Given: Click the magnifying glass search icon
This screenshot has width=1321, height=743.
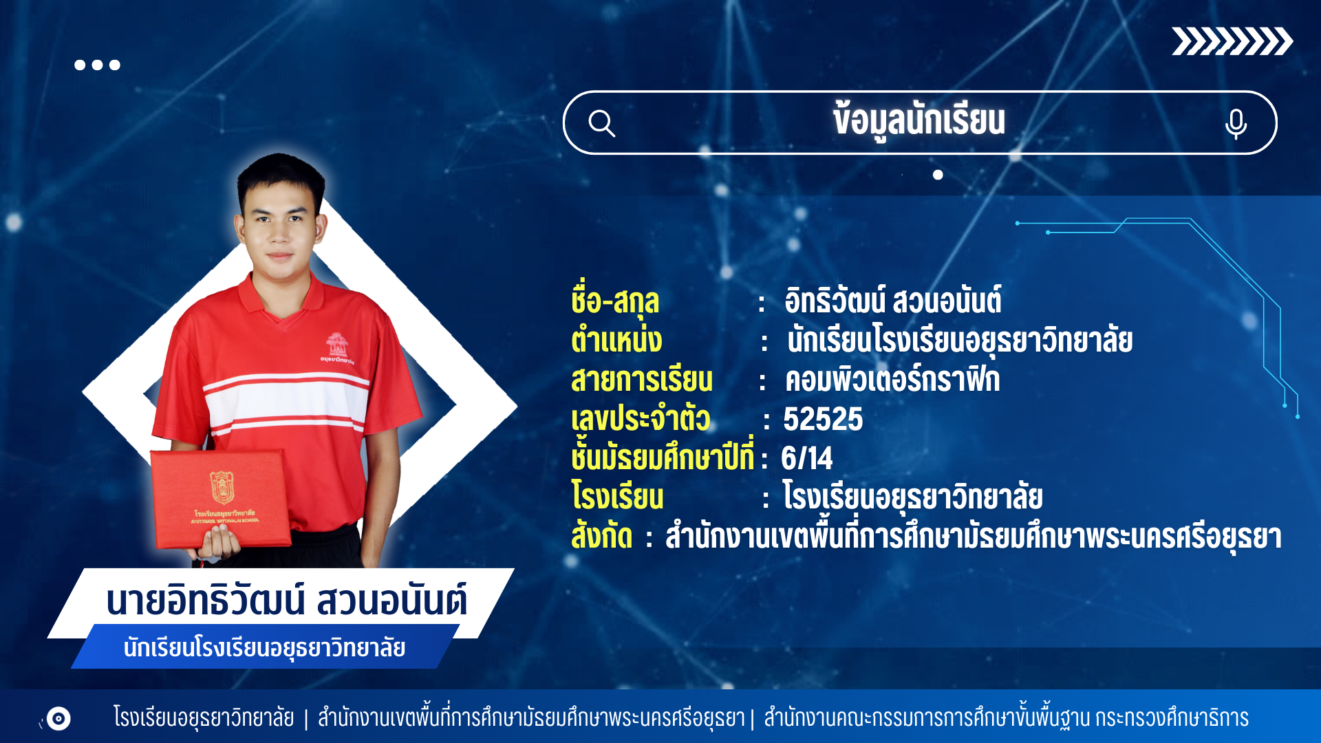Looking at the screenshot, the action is pyautogui.click(x=601, y=124).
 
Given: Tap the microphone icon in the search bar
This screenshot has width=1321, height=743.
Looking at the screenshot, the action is pyautogui.click(x=1236, y=124).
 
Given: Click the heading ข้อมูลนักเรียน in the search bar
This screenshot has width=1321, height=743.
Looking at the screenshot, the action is pyautogui.click(x=919, y=121).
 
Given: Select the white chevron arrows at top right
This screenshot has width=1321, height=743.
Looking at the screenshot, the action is pyautogui.click(x=1232, y=41).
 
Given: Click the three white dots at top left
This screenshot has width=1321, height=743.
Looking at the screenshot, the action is pyautogui.click(x=97, y=65).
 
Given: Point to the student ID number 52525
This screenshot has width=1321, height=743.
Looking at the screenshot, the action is pyautogui.click(x=823, y=419).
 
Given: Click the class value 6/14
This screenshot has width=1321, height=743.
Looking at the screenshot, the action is pyautogui.click(x=806, y=458).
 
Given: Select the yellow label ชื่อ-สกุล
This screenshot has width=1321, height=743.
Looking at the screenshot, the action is pyautogui.click(x=615, y=301).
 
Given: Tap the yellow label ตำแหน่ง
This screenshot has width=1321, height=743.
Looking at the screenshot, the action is pyautogui.click(x=616, y=340).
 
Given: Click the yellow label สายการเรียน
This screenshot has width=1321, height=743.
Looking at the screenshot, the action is pyautogui.click(x=642, y=380).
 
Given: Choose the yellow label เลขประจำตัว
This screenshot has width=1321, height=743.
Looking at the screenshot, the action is pyautogui.click(x=641, y=418).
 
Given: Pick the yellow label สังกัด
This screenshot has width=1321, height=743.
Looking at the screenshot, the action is pyautogui.click(x=601, y=536).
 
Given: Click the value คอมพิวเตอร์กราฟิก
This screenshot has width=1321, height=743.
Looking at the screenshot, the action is pyautogui.click(x=892, y=379).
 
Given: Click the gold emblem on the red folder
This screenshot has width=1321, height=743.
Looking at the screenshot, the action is pyautogui.click(x=222, y=487).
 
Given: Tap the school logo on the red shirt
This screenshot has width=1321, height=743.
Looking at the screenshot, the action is pyautogui.click(x=336, y=345).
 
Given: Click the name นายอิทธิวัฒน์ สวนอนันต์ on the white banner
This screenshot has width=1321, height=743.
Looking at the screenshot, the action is pyautogui.click(x=287, y=600).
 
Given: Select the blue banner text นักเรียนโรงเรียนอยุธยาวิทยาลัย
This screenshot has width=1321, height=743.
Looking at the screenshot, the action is pyautogui.click(x=264, y=648).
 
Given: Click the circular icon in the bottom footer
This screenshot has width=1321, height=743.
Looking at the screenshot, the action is pyautogui.click(x=58, y=719).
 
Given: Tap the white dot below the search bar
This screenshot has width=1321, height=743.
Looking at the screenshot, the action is pyautogui.click(x=938, y=175).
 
